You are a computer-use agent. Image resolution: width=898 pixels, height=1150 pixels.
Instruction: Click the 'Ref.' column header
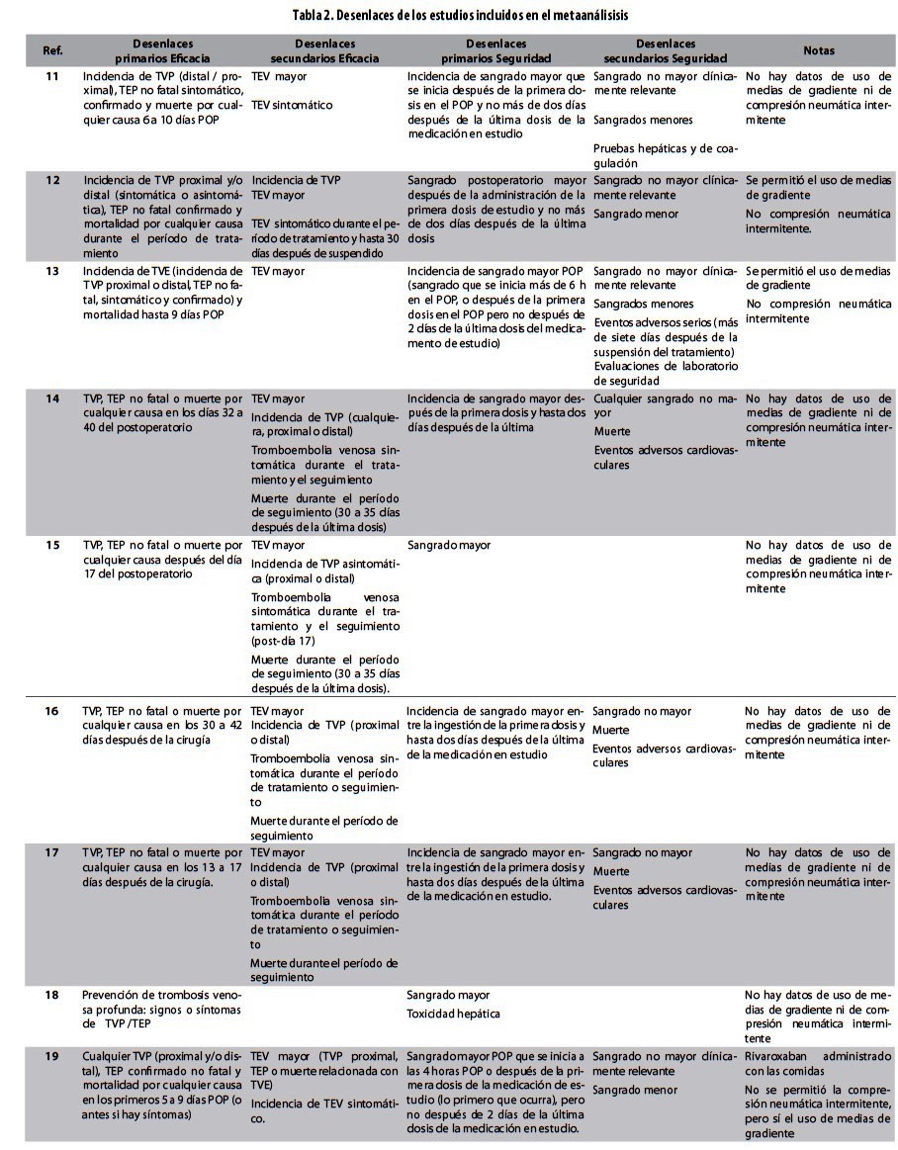pos(52,50)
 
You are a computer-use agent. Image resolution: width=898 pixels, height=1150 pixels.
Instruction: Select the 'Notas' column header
pos(818,50)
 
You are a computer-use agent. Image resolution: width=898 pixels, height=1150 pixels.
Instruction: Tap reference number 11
pos(52,75)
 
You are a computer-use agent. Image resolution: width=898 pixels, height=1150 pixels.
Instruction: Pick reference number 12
pos(52,180)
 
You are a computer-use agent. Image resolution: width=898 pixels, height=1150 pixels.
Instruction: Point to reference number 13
pos(52,270)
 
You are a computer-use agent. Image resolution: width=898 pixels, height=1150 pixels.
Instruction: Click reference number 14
pos(52,398)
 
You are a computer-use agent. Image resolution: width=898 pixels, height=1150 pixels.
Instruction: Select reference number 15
pos(52,545)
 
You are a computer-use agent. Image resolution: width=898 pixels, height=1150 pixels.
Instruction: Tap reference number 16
pos(52,711)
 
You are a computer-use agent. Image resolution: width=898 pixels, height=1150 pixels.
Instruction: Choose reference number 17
pos(52,852)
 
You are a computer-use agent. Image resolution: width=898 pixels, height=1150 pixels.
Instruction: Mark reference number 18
pos(52,995)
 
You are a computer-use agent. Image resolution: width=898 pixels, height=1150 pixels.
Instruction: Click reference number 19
pos(52,1056)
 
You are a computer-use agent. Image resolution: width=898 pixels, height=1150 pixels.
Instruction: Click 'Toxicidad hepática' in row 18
pos(454,1014)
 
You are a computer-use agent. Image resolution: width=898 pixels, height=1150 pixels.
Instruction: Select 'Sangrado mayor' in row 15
pos(448,545)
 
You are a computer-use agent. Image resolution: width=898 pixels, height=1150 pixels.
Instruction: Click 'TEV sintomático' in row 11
pos(292,105)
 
